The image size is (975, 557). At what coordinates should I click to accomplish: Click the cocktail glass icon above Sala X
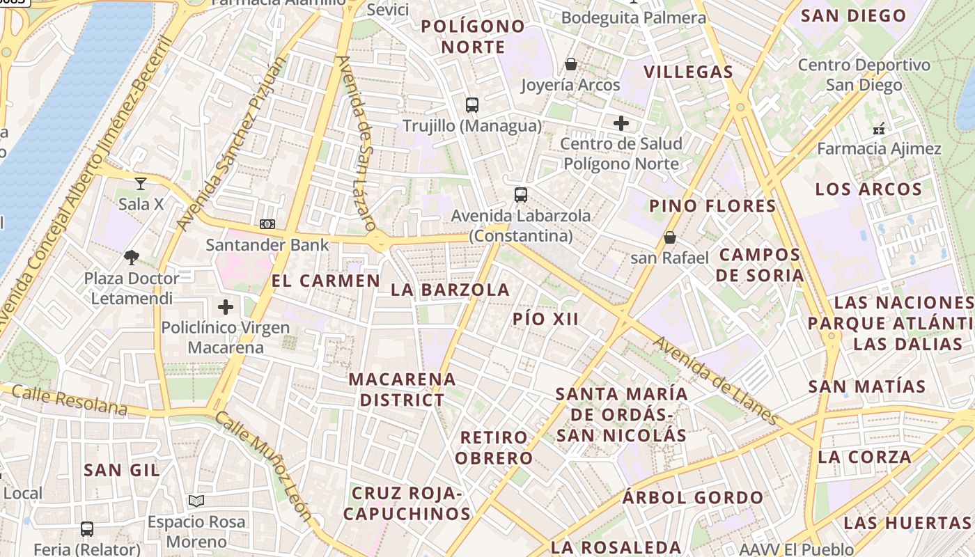point(141,184)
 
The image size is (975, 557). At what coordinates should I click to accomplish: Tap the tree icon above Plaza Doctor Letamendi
point(131,258)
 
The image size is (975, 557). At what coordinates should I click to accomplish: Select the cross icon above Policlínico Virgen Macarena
point(226,306)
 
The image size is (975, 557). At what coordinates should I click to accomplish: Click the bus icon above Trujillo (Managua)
point(472,105)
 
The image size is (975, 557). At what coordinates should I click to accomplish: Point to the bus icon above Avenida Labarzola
point(521,195)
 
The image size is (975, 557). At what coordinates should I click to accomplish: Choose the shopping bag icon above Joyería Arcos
point(571,65)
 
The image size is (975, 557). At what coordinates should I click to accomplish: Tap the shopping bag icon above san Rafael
point(669,238)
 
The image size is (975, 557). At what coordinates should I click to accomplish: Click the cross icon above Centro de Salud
point(621,124)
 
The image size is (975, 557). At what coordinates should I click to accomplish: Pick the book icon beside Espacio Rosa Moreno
point(196,501)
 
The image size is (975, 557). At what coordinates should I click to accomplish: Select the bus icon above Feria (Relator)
point(87,529)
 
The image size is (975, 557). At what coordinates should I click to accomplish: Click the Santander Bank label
point(267,244)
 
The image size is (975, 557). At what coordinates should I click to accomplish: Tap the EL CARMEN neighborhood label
point(326,281)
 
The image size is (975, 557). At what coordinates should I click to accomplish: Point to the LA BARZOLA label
point(451,290)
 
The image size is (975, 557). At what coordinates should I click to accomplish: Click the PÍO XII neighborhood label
point(545,319)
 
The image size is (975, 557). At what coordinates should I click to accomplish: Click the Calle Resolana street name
point(70,400)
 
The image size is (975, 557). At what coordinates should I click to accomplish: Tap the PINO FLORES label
point(712,206)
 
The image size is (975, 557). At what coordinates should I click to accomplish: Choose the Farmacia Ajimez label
point(879,149)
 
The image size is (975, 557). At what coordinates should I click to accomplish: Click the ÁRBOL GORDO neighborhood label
point(693,498)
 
